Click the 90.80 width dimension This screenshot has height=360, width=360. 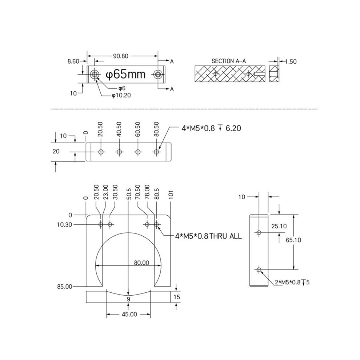(120, 56)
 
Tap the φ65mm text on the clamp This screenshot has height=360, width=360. (125, 74)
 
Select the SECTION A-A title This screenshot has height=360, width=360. (229, 61)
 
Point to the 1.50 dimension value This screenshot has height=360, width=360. (291, 61)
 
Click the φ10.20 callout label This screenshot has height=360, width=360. (121, 95)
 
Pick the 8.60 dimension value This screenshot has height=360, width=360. (73, 61)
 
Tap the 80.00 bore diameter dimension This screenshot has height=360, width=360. (141, 263)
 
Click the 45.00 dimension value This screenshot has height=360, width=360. (129, 314)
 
